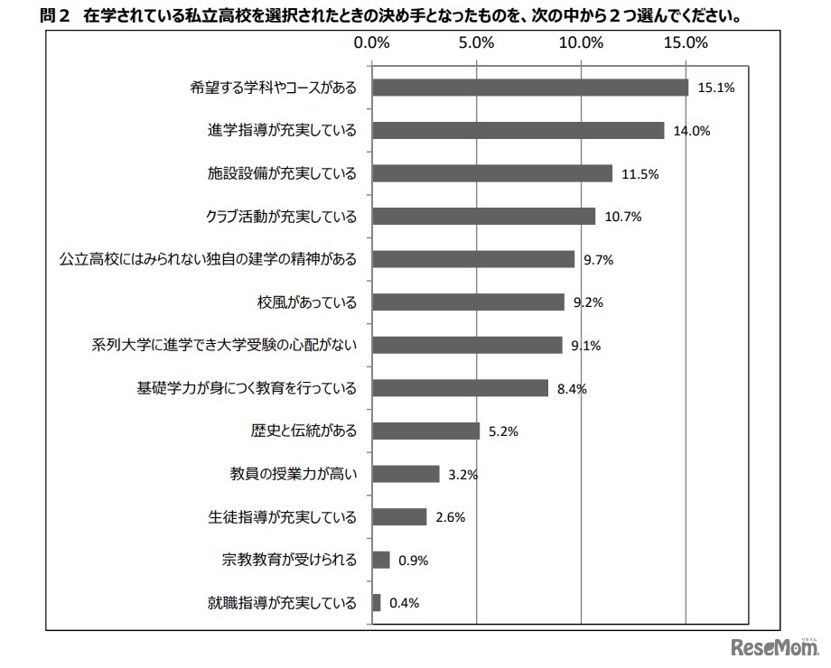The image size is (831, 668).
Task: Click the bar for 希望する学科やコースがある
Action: (529, 88)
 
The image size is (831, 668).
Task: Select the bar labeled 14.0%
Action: (518, 130)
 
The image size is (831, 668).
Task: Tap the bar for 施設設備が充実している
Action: (491, 173)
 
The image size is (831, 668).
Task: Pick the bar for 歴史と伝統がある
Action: (425, 431)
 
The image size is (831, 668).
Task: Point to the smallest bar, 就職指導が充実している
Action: (376, 603)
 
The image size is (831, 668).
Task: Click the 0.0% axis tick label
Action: (371, 42)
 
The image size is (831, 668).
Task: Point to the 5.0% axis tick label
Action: (476, 42)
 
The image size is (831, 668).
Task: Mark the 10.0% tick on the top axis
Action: (581, 42)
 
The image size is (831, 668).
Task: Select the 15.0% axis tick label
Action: (686, 42)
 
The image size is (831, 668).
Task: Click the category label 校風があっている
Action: (307, 302)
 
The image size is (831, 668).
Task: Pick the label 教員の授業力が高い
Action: (293, 474)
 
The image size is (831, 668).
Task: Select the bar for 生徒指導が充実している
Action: (398, 517)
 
